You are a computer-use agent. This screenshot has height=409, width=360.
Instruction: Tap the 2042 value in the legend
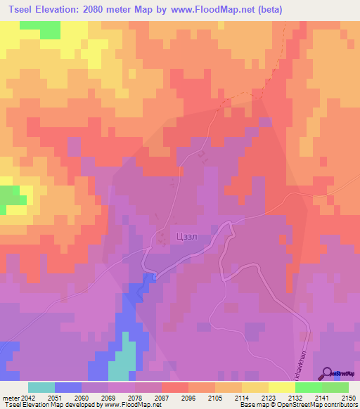(26, 398)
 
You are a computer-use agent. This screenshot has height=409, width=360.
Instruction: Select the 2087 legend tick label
(162, 398)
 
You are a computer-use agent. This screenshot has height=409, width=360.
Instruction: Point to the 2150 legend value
(349, 398)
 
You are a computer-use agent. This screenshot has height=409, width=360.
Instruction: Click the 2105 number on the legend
(215, 398)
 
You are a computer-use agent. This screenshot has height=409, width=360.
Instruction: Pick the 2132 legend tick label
(295, 398)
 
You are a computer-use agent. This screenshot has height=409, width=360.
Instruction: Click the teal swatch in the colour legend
(41, 387)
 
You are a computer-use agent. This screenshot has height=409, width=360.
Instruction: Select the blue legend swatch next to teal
(67, 387)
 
